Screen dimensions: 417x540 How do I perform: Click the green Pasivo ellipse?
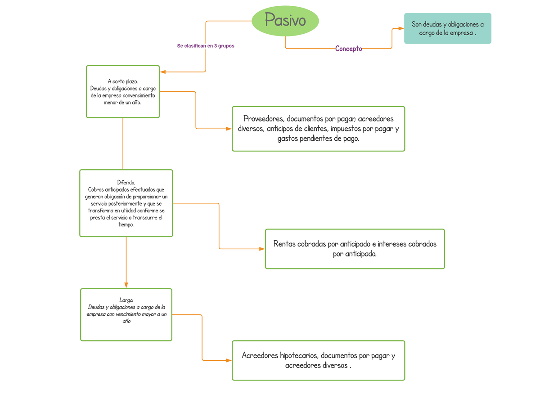pos(285,21)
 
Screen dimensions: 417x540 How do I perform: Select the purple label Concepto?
pos(348,49)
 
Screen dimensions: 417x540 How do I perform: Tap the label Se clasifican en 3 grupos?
pos(206,46)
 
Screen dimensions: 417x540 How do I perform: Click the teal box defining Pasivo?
pos(447,28)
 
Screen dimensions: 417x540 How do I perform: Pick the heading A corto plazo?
pos(123,81)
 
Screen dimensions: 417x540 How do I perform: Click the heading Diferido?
pos(126,182)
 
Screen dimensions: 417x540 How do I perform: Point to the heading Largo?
pos(126,300)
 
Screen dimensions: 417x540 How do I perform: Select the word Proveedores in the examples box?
pos(263,119)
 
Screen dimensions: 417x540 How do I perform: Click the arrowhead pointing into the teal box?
pos(400,28)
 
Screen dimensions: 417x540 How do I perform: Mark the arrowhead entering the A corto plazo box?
pos(163,72)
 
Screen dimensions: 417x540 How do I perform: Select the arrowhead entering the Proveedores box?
pos(228,129)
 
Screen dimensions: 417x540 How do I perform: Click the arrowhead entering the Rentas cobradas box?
pos(261,249)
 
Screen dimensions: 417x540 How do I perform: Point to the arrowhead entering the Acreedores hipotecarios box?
pos(228,360)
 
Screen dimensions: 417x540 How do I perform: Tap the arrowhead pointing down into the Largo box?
pos(126,285)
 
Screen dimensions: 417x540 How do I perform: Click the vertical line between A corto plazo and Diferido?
pos(123,144)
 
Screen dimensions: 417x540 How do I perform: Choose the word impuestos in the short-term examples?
pos(346,129)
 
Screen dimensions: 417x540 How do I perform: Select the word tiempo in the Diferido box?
pos(126,224)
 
